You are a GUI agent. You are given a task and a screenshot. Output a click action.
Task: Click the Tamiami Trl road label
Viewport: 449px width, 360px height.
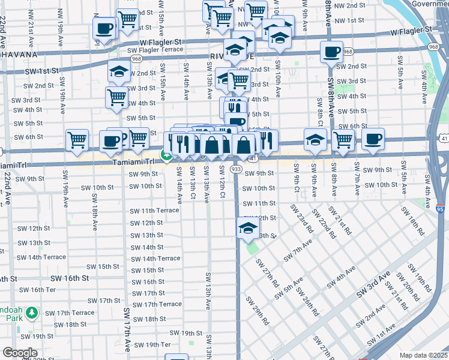[x=132, y=162]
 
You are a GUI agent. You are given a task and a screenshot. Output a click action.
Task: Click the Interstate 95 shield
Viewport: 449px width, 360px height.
[x=441, y=209]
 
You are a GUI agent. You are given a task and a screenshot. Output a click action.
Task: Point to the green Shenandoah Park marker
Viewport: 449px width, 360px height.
[x=32, y=313]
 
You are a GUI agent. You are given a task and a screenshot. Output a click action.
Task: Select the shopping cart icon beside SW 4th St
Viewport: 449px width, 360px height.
[x=116, y=97]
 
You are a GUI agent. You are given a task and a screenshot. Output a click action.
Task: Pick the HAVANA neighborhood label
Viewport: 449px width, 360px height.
[x=19, y=55]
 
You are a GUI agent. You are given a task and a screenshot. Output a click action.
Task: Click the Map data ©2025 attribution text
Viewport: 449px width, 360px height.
[x=423, y=355]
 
